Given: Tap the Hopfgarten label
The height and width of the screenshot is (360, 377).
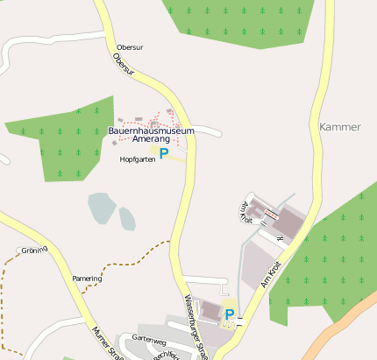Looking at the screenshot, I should tap(138, 159).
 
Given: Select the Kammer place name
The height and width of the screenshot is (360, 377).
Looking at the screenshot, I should tap(340, 126).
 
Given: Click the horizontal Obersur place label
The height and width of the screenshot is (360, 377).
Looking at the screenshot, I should tap(129, 47).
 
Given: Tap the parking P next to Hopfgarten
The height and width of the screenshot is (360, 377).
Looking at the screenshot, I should tap(164, 153).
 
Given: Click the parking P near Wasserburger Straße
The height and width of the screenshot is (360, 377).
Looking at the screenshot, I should tap(230, 314).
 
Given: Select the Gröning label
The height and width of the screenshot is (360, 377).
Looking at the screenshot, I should tap(34, 250).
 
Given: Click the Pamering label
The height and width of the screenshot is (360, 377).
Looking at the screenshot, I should tap(87, 279).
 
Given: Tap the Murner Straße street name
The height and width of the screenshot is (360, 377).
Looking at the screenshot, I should tap(106, 342).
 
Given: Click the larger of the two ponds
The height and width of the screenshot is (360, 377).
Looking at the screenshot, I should tap(101, 209).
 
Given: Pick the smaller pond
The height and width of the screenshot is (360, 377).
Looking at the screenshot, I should tap(127, 217).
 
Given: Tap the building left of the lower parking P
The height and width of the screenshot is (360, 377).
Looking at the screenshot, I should tap(211, 310).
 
